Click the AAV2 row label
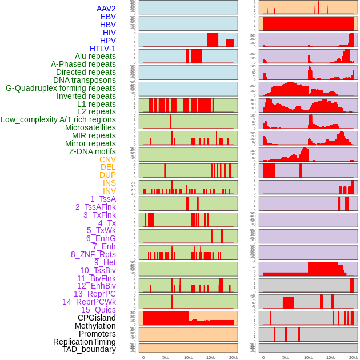(x=106, y=9)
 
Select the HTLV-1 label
(x=102, y=49)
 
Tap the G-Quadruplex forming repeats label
(x=61, y=88)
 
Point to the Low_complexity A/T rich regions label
(x=58, y=119)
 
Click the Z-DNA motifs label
(x=93, y=151)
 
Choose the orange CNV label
(x=107, y=159)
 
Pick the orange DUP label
(x=107, y=175)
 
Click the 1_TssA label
(x=103, y=199)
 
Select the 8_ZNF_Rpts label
(x=93, y=254)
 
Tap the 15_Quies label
(x=98, y=310)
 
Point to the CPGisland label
(x=97, y=318)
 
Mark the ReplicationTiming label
(x=84, y=342)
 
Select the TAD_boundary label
(x=89, y=349)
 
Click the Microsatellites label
(x=90, y=127)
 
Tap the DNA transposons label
(x=85, y=80)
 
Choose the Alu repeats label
(x=95, y=56)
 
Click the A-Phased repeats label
(x=83, y=64)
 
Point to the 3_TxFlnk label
(x=99, y=215)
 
